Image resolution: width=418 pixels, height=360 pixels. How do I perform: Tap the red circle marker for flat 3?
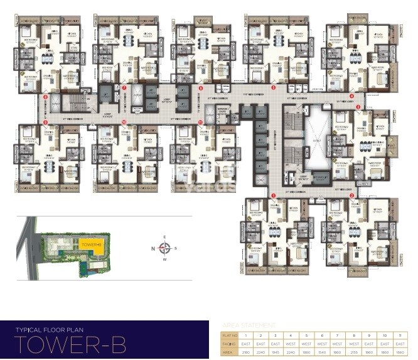point(358,107)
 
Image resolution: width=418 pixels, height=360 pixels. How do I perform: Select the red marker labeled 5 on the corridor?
point(274,88)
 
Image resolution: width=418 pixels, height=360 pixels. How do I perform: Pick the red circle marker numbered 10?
point(124,121)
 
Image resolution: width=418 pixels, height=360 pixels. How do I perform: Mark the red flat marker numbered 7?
point(124,89)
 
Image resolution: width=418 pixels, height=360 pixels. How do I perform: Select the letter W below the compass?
point(165,258)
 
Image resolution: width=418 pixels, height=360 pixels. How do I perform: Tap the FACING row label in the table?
point(230,344)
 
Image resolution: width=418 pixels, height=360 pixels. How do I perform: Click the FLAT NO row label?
point(230,335)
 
